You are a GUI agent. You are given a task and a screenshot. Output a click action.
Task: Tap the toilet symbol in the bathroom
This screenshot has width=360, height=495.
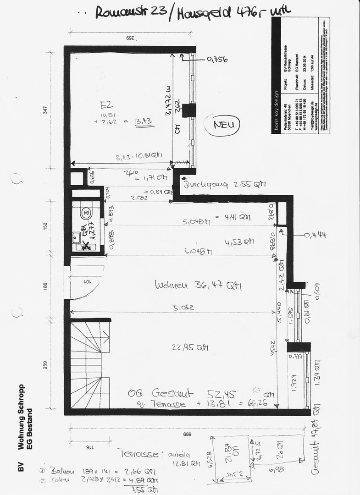pos(85,213)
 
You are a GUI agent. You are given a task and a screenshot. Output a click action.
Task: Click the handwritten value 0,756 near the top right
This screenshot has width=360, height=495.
pos(217,59)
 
